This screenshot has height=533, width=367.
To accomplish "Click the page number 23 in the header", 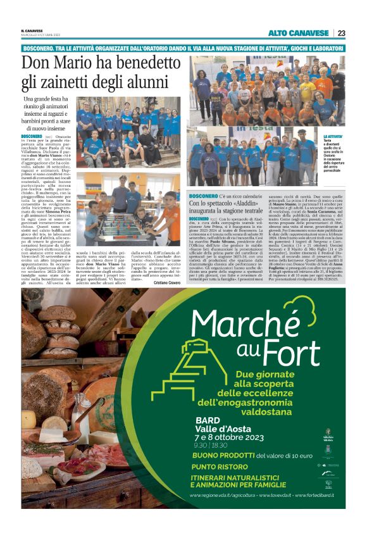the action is [x=341, y=33].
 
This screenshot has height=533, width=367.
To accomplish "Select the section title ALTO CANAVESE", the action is [x=299, y=33].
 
